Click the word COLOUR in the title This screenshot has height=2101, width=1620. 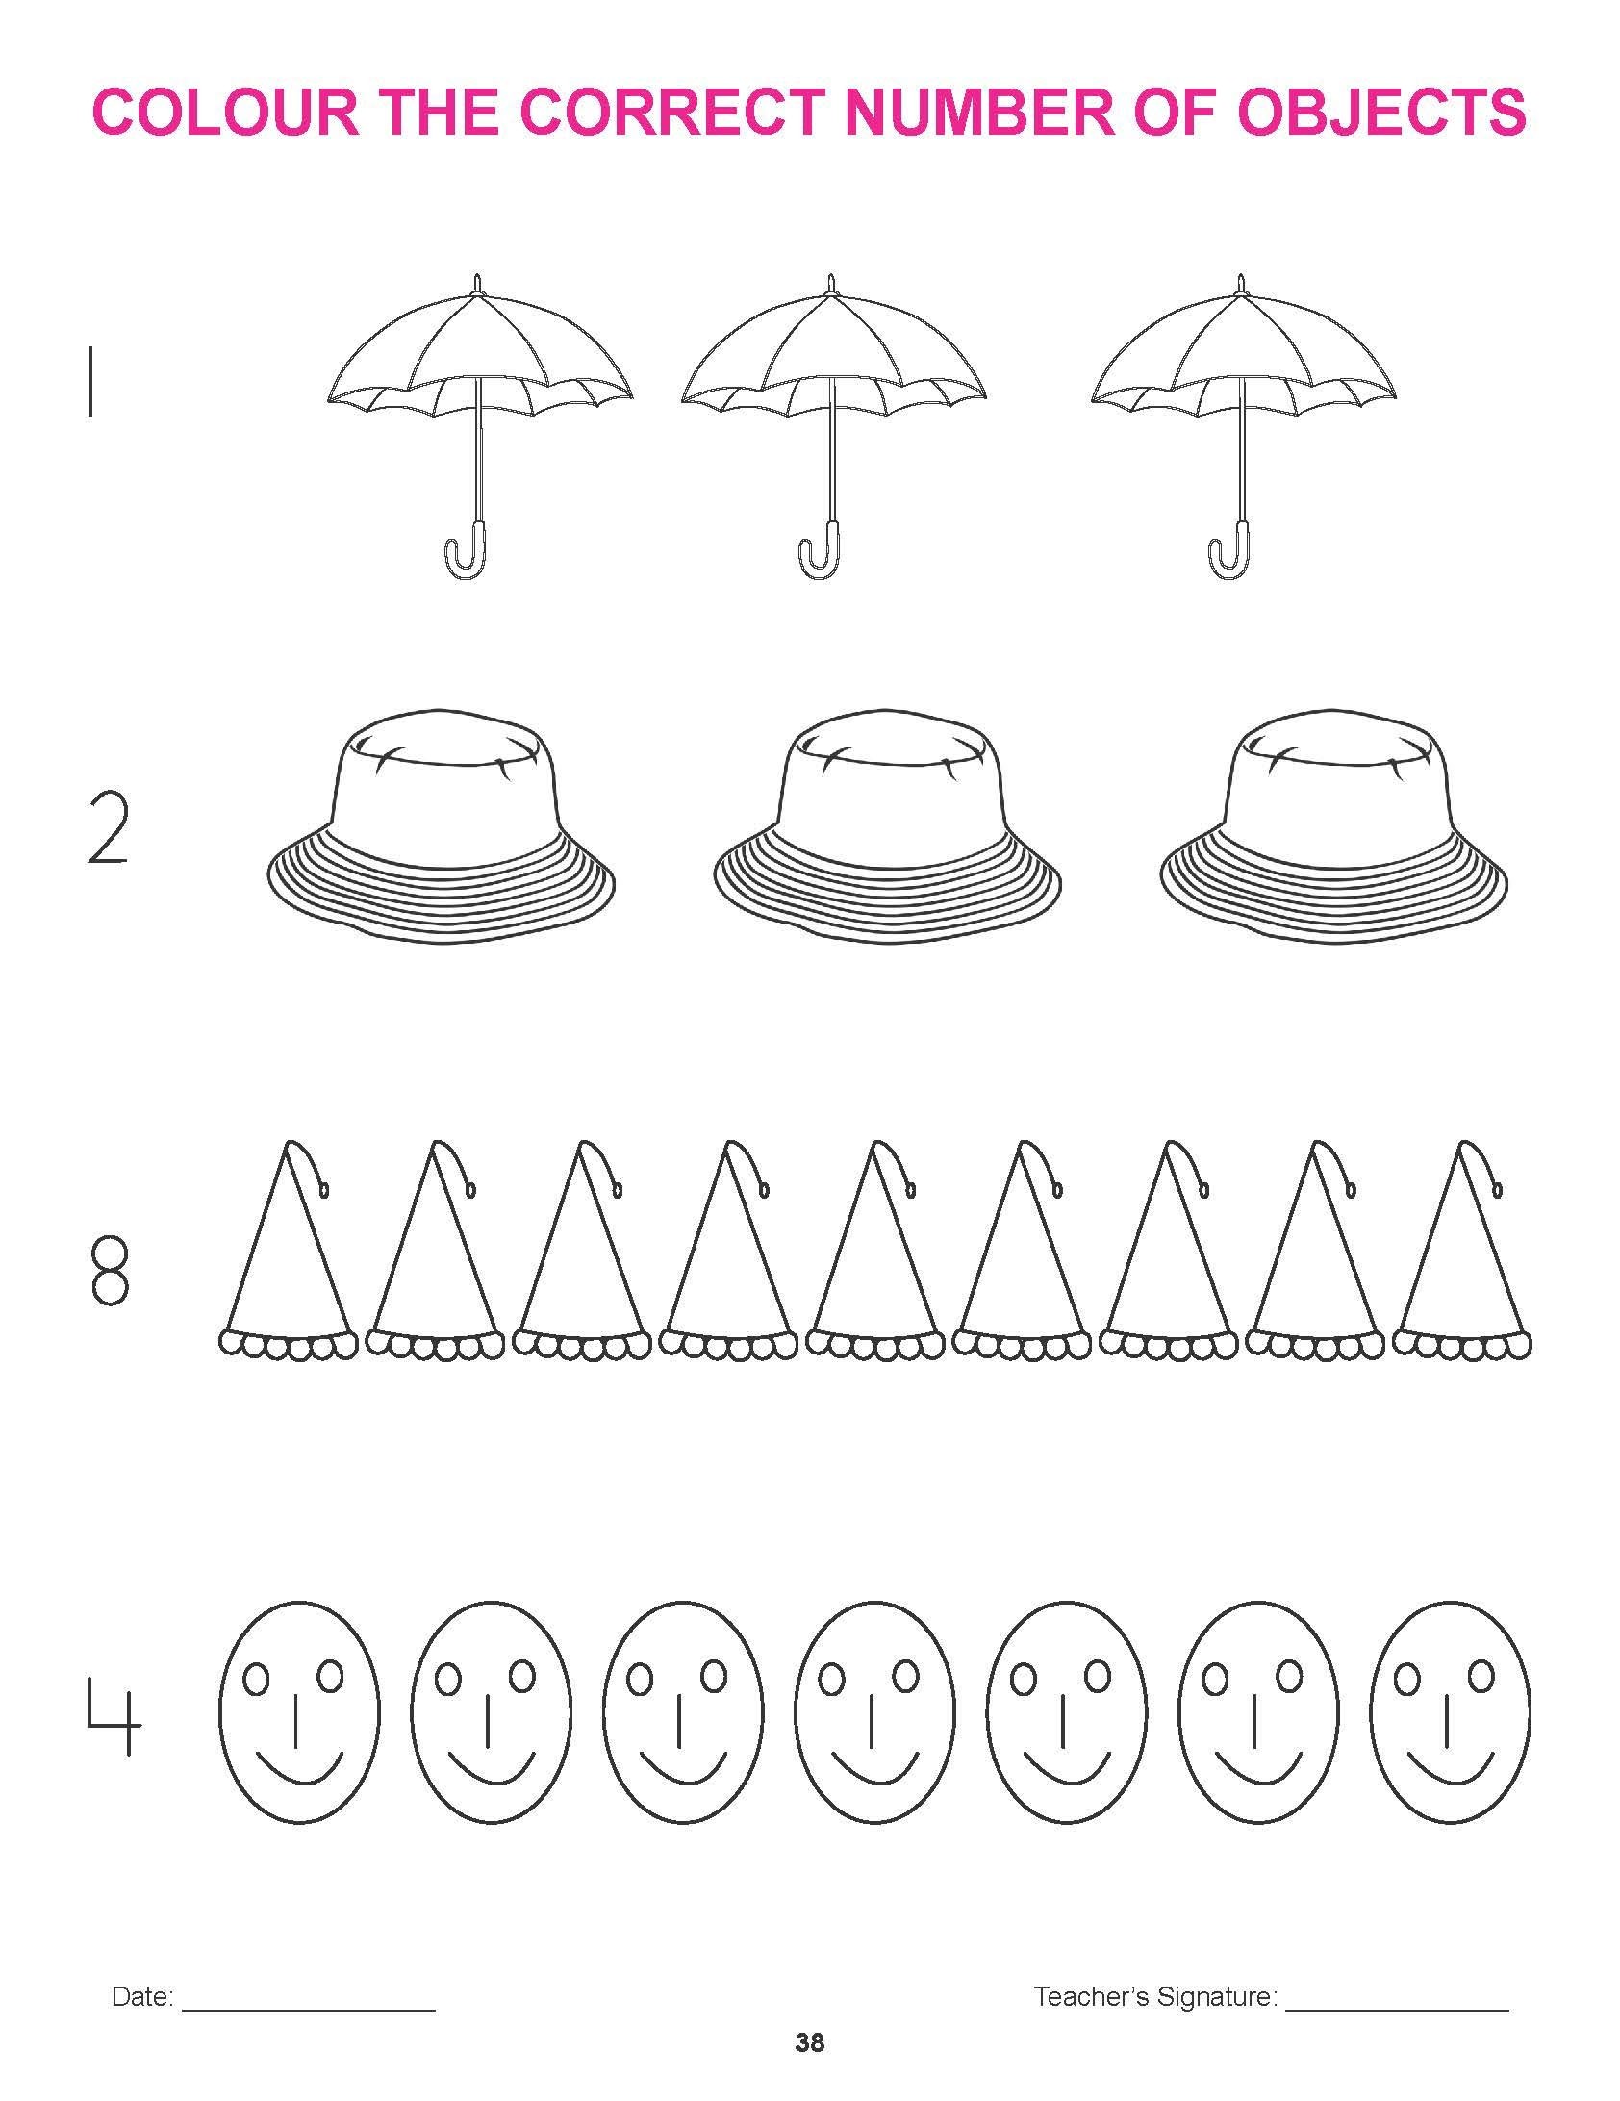[x=226, y=112]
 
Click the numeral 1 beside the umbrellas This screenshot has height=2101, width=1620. [x=90, y=382]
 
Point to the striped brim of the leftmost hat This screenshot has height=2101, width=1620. [x=441, y=880]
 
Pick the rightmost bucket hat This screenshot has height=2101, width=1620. [x=1333, y=825]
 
